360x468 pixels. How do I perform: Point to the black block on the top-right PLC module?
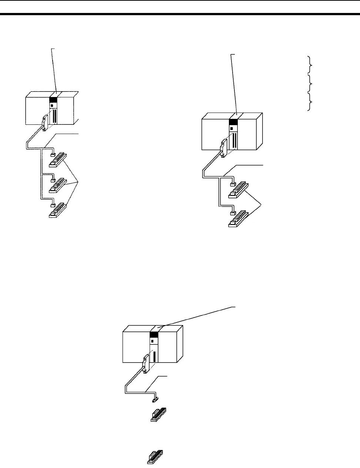tap(233, 122)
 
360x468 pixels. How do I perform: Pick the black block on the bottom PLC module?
tap(154, 335)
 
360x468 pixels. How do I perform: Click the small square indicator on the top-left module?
tap(51, 106)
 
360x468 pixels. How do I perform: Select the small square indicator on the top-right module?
tap(231, 128)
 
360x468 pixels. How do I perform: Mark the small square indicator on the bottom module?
tap(152, 341)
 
